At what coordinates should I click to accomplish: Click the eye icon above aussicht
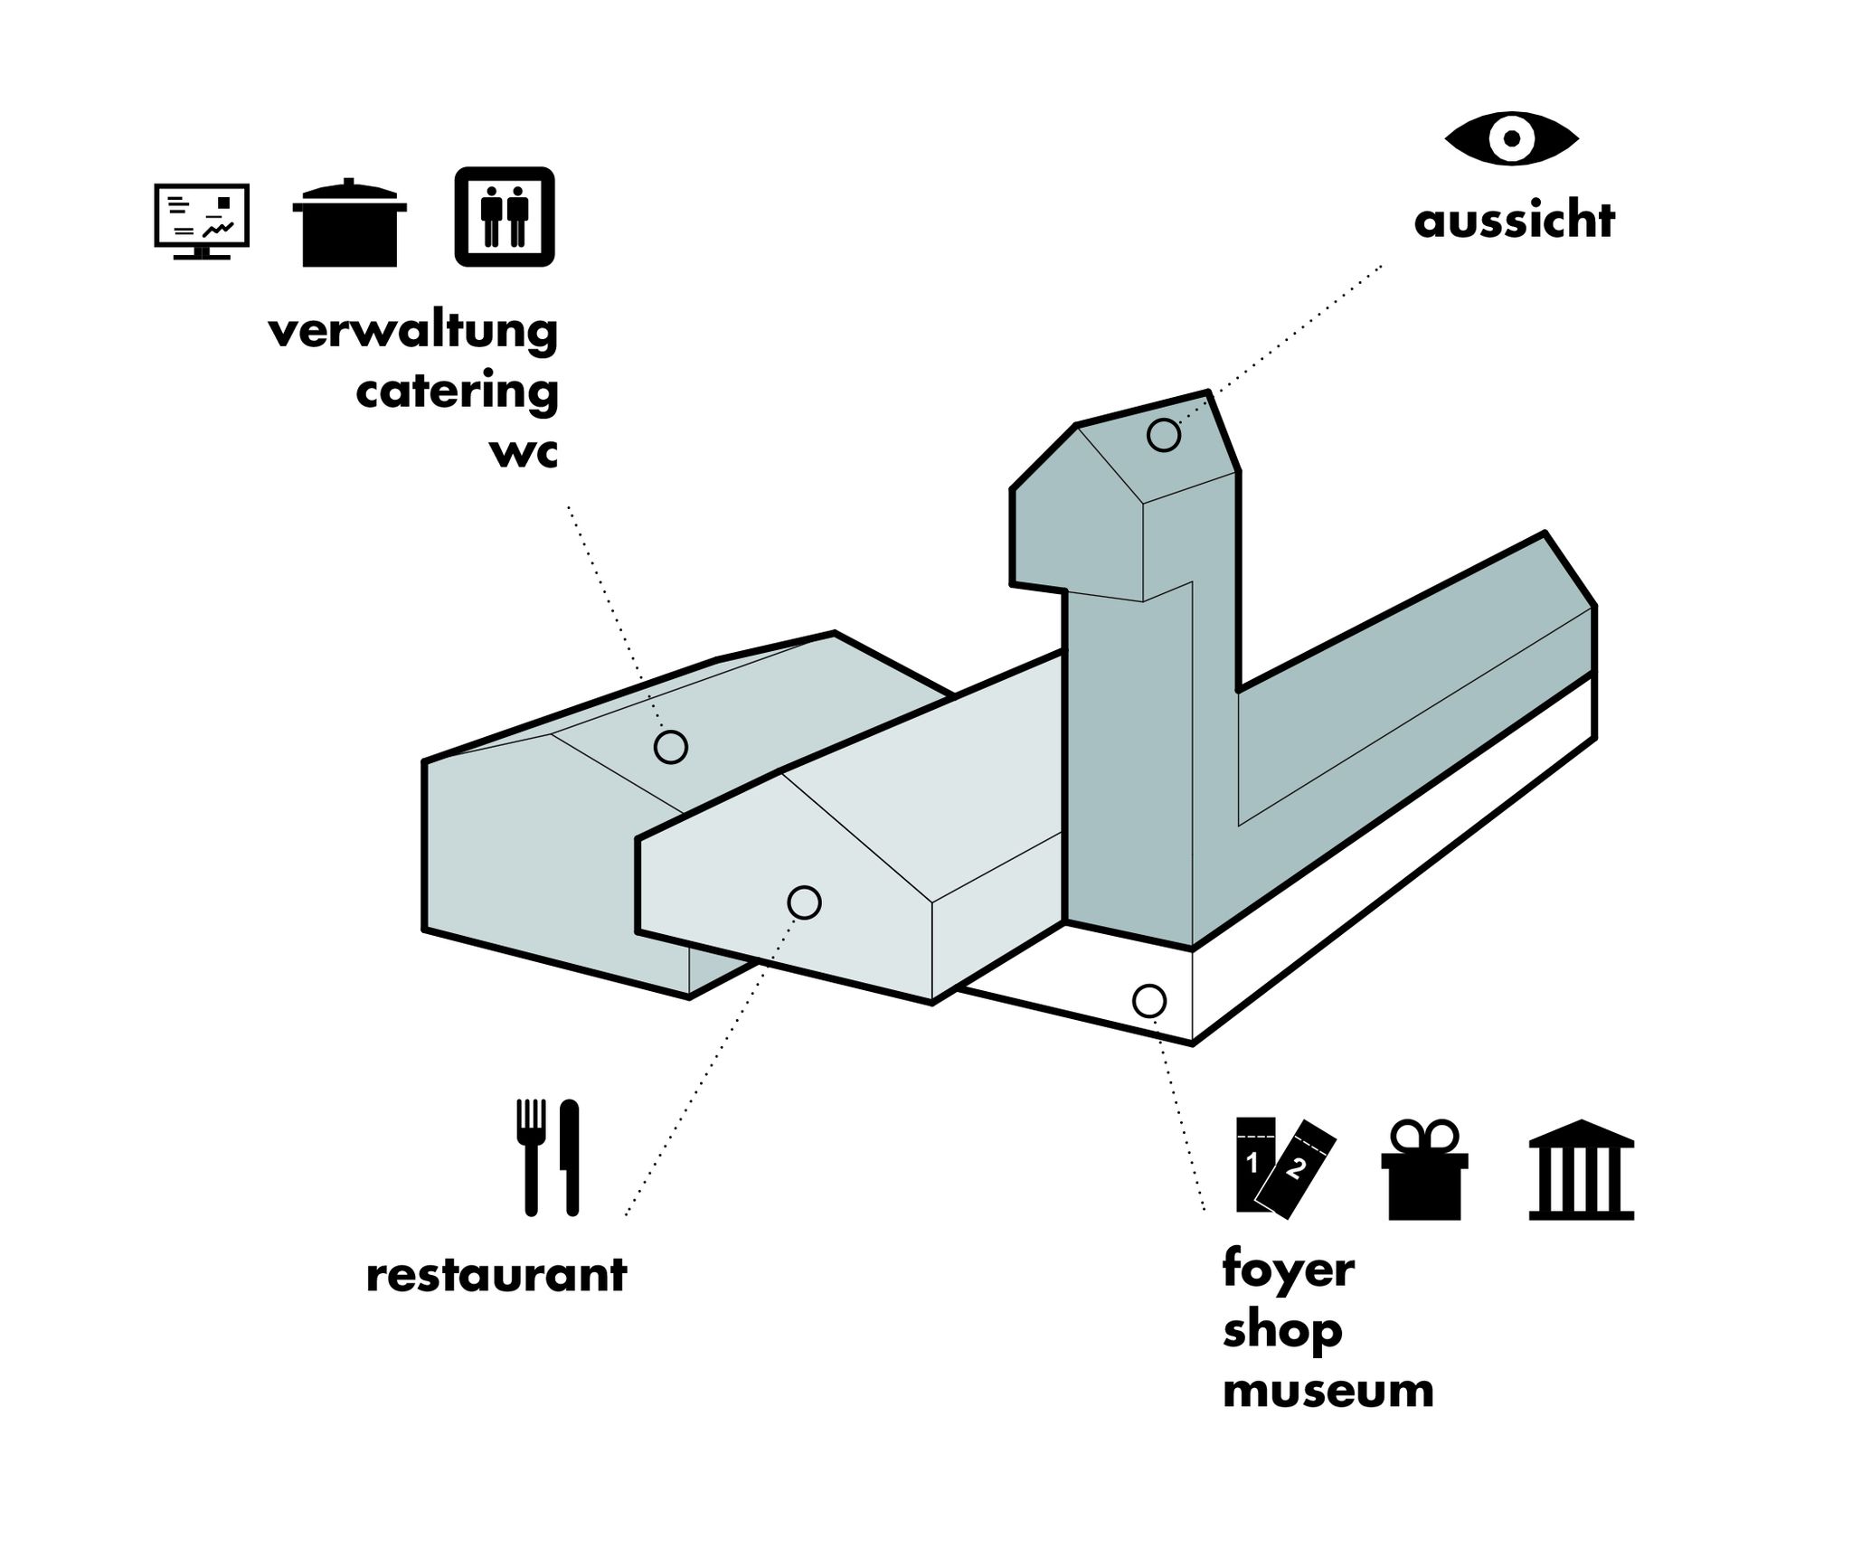[1511, 138]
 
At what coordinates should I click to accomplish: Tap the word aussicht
[1514, 221]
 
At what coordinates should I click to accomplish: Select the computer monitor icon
[201, 221]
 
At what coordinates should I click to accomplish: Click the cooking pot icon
[349, 223]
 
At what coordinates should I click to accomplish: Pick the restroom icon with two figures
[504, 217]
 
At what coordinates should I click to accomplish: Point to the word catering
[457, 392]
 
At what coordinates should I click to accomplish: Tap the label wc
[523, 451]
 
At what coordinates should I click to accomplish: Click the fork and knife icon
[548, 1157]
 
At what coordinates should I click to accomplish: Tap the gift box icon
[1423, 1170]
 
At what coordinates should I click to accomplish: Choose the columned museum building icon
[1581, 1170]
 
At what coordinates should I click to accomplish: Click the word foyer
[1288, 1270]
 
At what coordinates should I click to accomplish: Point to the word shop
[1281, 1330]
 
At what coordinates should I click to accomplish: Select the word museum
[1328, 1390]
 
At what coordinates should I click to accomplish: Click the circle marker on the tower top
[1164, 435]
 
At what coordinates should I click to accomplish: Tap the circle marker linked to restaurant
[804, 902]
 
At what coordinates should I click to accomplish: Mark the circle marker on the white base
[1148, 1000]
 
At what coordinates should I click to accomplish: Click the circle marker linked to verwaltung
[670, 747]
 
